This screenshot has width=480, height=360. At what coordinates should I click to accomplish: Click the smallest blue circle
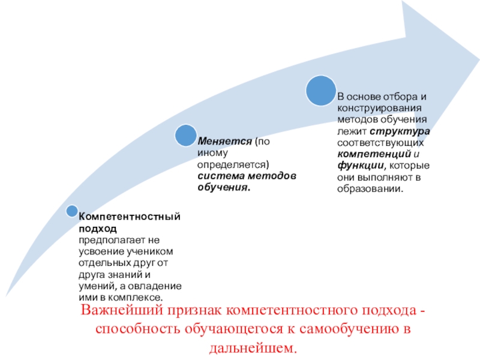pyautogui.click(x=72, y=211)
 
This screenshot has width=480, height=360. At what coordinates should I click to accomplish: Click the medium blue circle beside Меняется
pyautogui.click(x=185, y=136)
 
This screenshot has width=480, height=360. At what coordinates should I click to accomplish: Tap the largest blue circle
pyautogui.click(x=321, y=91)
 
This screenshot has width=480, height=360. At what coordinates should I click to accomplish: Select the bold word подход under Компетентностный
pyautogui.click(x=93, y=228)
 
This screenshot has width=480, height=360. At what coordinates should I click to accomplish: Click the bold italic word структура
pyautogui.click(x=403, y=132)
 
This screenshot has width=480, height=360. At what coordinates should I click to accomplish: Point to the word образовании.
pyautogui.click(x=370, y=189)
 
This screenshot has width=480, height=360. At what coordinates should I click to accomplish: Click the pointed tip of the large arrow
pyautogui.click(x=479, y=59)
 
